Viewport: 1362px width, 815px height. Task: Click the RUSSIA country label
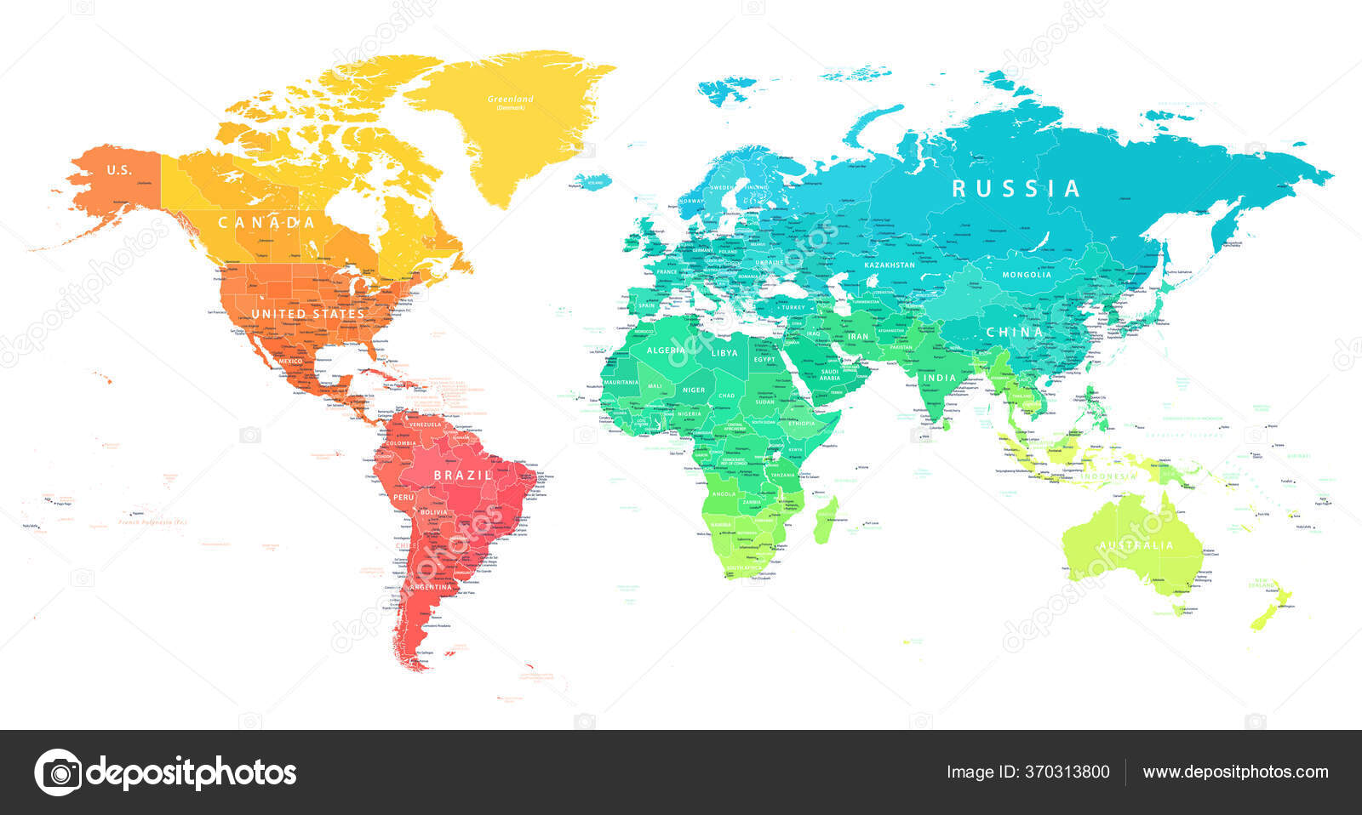click(x=1016, y=188)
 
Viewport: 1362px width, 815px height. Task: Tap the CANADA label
click(x=266, y=223)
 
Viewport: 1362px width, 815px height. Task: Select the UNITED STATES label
click(x=307, y=314)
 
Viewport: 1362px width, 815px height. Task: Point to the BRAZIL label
click(x=462, y=475)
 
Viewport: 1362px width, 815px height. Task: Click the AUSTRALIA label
click(x=1136, y=545)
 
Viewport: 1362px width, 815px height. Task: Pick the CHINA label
click(x=1014, y=332)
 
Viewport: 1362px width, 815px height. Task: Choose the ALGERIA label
click(x=666, y=351)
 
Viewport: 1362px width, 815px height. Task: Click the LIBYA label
click(x=724, y=353)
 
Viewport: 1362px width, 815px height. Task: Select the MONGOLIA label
click(x=1027, y=275)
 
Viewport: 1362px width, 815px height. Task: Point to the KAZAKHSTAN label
click(x=890, y=265)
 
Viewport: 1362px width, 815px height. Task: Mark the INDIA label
click(x=940, y=378)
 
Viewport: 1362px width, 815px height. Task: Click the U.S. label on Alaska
click(x=119, y=170)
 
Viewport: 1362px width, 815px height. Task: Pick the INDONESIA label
click(x=1108, y=476)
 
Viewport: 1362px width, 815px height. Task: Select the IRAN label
click(x=858, y=336)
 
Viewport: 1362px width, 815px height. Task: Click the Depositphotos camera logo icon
click(x=58, y=772)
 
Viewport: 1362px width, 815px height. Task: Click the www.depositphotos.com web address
click(x=1235, y=772)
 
